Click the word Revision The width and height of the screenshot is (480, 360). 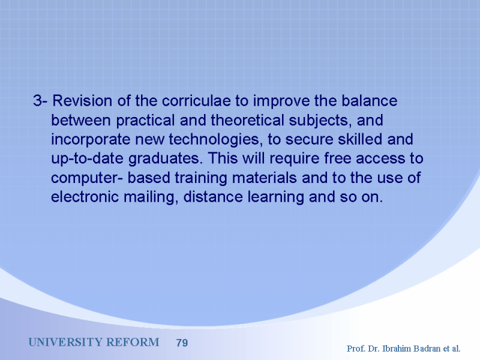point(82,101)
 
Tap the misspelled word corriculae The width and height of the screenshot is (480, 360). point(196,101)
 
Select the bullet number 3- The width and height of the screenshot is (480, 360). point(40,101)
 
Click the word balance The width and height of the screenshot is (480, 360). point(370,101)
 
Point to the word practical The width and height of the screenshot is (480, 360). point(145,120)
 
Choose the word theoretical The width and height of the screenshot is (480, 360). point(248,120)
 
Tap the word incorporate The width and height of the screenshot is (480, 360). point(91,140)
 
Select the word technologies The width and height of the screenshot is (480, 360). point(216,140)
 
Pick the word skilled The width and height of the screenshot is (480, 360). point(360,139)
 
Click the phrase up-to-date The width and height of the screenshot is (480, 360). point(87,159)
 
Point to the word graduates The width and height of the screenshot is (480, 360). point(166,159)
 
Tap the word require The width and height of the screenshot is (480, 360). point(295,159)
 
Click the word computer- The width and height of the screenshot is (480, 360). point(87,178)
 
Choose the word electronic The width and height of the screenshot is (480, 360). point(85,197)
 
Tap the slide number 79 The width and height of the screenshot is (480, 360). point(182,343)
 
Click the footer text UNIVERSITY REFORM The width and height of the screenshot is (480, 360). point(94,342)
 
